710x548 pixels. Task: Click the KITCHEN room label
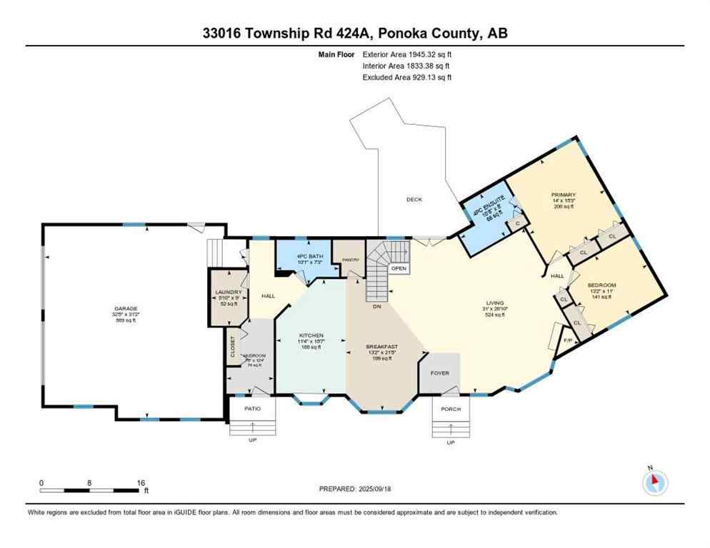click(311, 335)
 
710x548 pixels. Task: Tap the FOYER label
click(439, 373)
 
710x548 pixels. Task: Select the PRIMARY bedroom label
click(563, 195)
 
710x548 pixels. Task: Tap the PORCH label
click(451, 409)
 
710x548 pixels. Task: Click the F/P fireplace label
click(569, 340)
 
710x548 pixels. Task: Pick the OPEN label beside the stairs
click(399, 268)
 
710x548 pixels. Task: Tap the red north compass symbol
click(654, 484)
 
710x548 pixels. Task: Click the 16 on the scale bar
click(141, 483)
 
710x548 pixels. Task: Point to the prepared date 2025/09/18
click(382, 488)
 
